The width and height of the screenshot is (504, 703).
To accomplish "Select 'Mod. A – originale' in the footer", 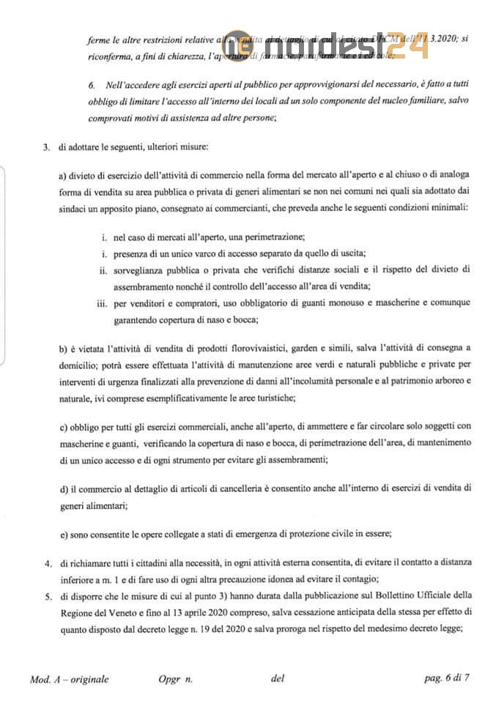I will click(x=70, y=678).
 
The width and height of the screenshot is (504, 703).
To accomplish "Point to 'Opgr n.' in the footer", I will click(x=174, y=678).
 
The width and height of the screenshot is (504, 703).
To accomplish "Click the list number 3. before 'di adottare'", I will click(x=46, y=147).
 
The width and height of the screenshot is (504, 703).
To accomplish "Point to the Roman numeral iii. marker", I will click(x=102, y=302).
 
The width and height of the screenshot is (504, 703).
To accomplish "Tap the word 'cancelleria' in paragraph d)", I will click(x=210, y=488).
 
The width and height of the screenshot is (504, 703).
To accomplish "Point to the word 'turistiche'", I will click(x=270, y=396).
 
